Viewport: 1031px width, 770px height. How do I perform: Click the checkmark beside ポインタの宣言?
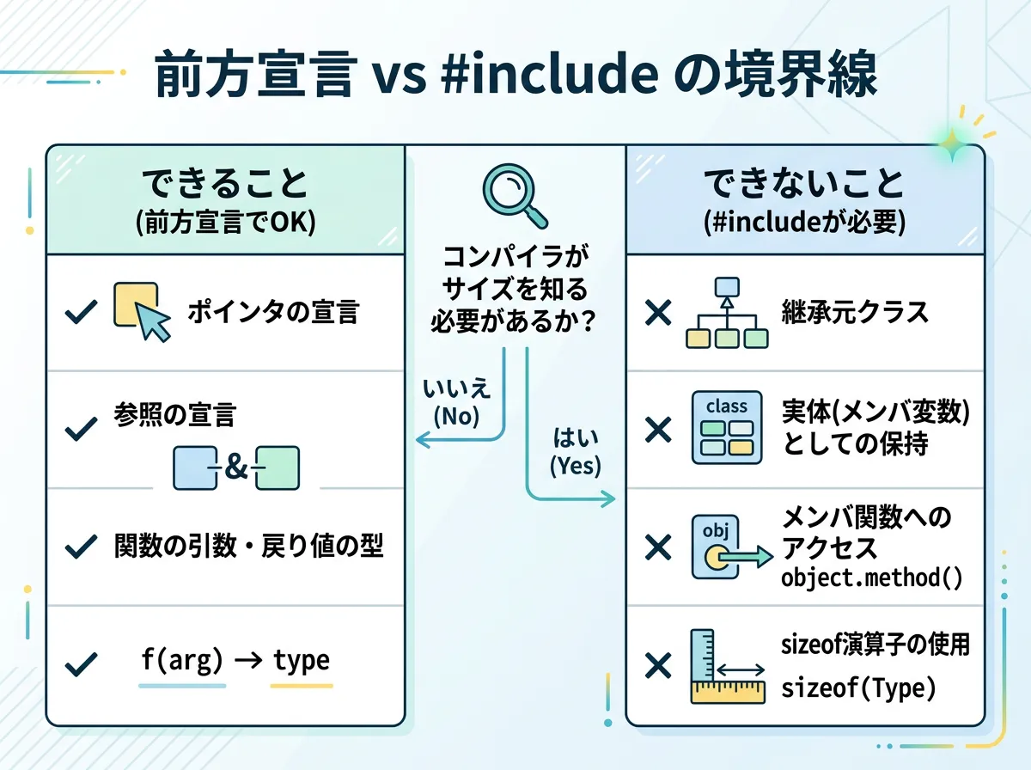[x=81, y=312]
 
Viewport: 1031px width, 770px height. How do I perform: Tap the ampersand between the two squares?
[x=235, y=467]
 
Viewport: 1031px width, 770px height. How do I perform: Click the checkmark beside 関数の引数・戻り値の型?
[x=81, y=546]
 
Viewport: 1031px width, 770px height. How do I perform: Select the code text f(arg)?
[x=181, y=661]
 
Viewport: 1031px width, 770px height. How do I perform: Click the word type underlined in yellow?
[x=301, y=661]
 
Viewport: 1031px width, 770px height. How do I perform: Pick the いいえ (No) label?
[x=457, y=401]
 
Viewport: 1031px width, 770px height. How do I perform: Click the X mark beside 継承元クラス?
[x=658, y=313]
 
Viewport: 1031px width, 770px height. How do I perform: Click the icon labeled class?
[x=726, y=428]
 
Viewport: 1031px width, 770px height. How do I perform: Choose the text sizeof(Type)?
[x=857, y=689]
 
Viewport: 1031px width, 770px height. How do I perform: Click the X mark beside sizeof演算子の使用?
[x=658, y=665]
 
